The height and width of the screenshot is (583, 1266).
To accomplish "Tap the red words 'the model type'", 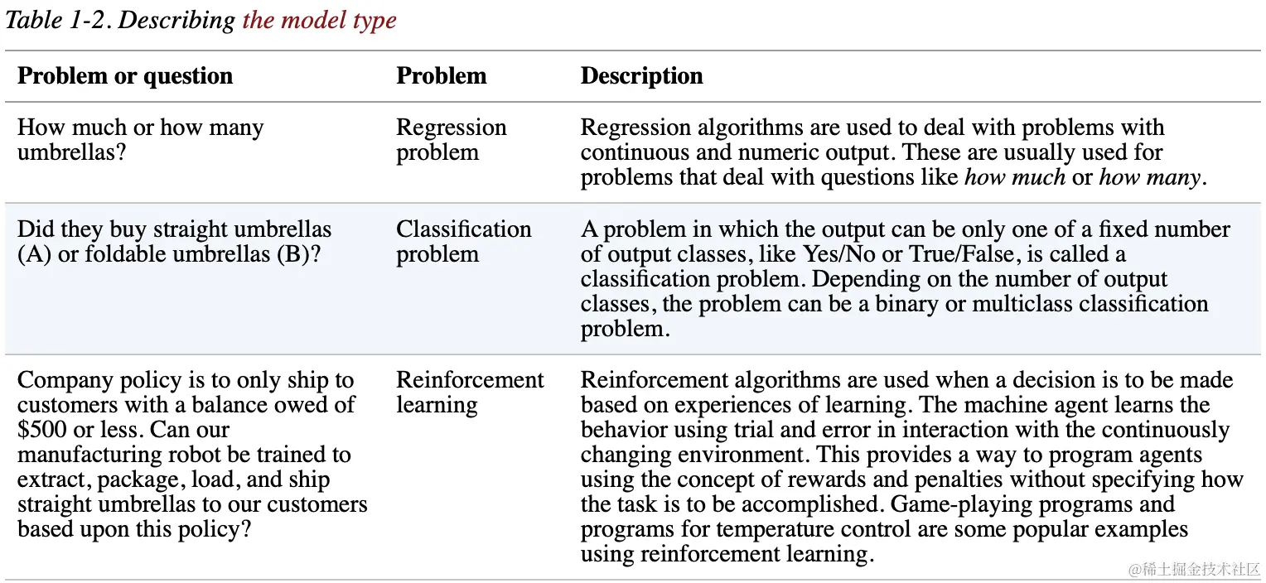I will pyautogui.click(x=319, y=20).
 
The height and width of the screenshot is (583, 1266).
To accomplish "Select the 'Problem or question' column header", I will pyautogui.click(x=124, y=76).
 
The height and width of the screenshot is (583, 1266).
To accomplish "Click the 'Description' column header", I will pyautogui.click(x=641, y=76).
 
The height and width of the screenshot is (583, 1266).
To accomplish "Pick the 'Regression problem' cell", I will pyautogui.click(x=451, y=140).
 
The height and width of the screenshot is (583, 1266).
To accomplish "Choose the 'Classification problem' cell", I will pyautogui.click(x=463, y=241).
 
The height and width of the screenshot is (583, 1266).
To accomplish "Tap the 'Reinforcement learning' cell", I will pyautogui.click(x=470, y=392).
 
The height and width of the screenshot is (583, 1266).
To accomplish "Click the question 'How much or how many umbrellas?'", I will pyautogui.click(x=140, y=140).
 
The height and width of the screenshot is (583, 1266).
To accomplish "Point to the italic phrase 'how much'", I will pyautogui.click(x=1015, y=177).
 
